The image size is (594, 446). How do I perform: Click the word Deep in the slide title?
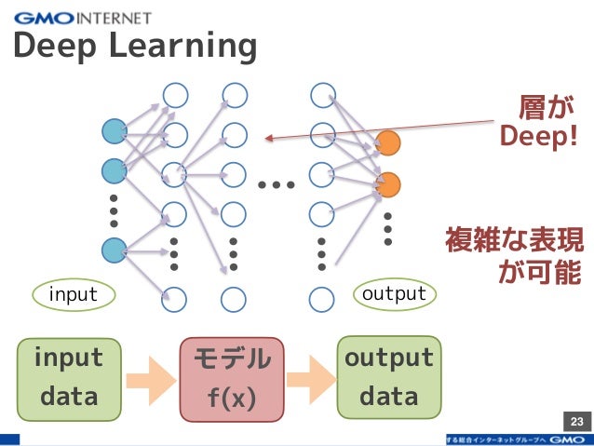pos(54,46)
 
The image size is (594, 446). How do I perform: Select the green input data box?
pos(69,377)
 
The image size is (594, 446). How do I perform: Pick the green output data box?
pos(388,377)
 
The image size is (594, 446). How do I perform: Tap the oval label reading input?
pos(73,295)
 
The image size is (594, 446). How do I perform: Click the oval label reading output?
pos(394,294)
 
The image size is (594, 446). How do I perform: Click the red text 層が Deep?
pos(538,122)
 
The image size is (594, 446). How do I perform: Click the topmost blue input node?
pos(114,132)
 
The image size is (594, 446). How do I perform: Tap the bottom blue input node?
pos(114,249)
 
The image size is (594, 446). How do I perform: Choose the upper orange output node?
pos(387,143)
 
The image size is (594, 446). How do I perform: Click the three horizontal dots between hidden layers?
pos(277,185)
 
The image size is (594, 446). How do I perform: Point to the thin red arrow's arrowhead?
pos(267,139)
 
